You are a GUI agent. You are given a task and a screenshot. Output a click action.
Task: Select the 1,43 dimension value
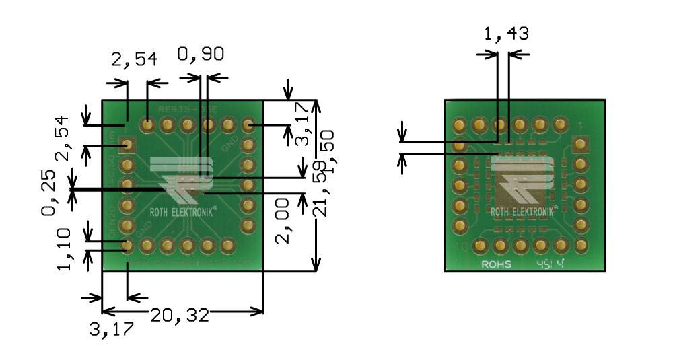click(x=506, y=34)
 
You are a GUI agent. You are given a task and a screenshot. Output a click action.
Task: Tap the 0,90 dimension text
click(x=201, y=55)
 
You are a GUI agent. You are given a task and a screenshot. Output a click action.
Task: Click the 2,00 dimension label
click(x=285, y=221)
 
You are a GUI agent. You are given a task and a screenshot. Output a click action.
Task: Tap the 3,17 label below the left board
click(x=111, y=330)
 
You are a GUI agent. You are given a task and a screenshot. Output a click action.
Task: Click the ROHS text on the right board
click(x=496, y=264)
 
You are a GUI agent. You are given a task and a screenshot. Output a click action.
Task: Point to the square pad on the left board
click(x=127, y=145)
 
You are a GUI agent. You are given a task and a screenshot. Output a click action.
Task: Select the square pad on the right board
click(x=579, y=145)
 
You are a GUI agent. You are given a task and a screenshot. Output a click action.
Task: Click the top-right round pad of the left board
click(x=248, y=124)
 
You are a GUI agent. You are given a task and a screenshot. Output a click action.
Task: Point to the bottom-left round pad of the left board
click(x=127, y=246)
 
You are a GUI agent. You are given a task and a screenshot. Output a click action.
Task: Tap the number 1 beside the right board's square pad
click(x=580, y=126)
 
